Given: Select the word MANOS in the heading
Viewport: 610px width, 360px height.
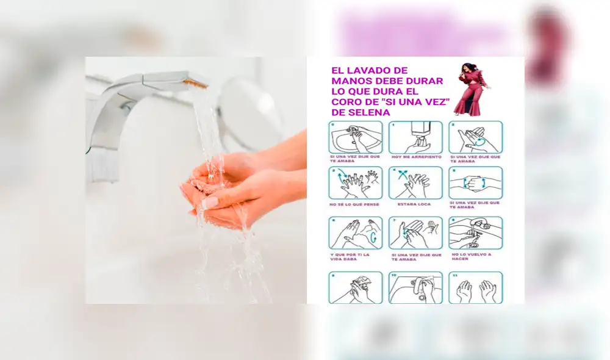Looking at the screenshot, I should [x=350, y=81].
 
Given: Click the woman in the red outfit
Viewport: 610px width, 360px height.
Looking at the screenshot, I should [x=471, y=90].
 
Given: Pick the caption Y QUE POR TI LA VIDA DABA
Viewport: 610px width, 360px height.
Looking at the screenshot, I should [x=351, y=256].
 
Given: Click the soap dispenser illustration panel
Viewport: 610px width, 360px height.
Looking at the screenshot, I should [x=415, y=137].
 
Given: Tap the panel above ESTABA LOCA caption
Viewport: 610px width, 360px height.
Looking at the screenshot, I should [x=415, y=182].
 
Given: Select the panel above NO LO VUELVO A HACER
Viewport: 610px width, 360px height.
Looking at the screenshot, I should [x=476, y=232].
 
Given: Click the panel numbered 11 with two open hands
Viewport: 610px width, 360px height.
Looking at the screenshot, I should [x=476, y=287].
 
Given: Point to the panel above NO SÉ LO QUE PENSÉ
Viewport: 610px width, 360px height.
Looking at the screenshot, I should [x=355, y=182].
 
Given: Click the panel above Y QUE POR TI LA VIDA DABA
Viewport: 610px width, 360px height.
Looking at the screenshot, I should [x=355, y=232].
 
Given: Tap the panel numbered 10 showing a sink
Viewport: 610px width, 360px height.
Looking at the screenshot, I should [x=415, y=287].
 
